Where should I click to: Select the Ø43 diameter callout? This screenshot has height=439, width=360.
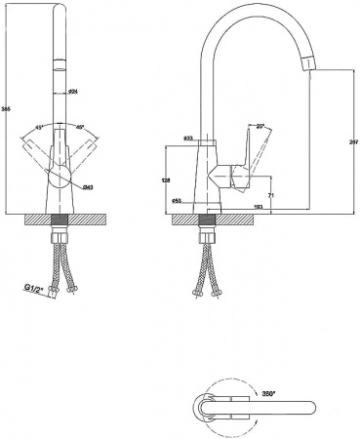(89, 185)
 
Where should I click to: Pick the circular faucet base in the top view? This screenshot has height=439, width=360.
(208, 407)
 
